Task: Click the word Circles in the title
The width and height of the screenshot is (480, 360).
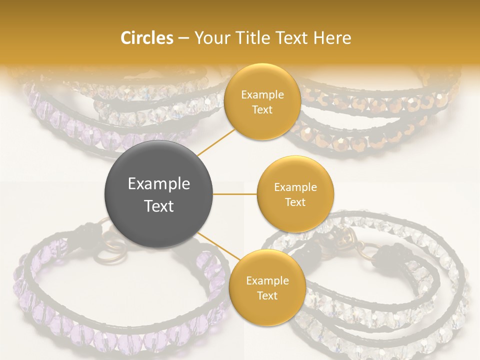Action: pos(146,38)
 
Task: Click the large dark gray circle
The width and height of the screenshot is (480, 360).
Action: pos(158,194)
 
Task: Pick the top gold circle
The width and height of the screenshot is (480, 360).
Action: pos(262,101)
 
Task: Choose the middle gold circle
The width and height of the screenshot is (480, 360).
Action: pos(295,194)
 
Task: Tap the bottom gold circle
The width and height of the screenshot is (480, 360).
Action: pos(267,287)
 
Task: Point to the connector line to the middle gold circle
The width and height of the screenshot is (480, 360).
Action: pos(234,194)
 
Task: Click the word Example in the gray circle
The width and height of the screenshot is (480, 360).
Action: pos(158,184)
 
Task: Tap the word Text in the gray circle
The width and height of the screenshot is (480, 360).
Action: pos(158,205)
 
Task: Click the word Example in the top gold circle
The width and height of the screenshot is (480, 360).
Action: pos(262,95)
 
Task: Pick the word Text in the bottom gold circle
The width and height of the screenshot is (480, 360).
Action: pos(267,295)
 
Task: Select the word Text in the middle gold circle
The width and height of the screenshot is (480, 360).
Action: pos(295,202)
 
